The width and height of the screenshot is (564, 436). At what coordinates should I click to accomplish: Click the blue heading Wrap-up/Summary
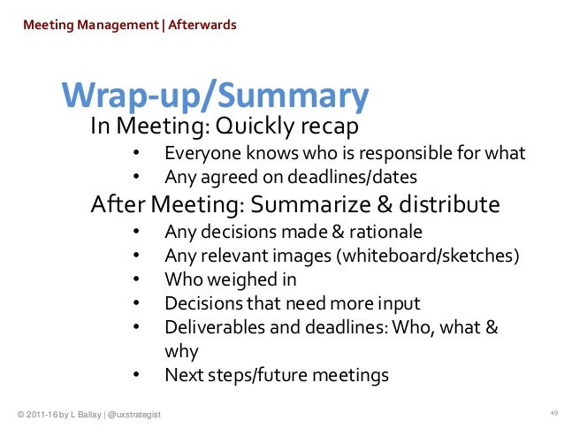(215, 96)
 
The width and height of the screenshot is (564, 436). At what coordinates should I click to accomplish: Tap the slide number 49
(554, 414)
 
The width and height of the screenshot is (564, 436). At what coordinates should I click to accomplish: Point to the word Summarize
(309, 205)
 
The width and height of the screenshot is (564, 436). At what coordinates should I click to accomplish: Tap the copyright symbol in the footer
(20, 416)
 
